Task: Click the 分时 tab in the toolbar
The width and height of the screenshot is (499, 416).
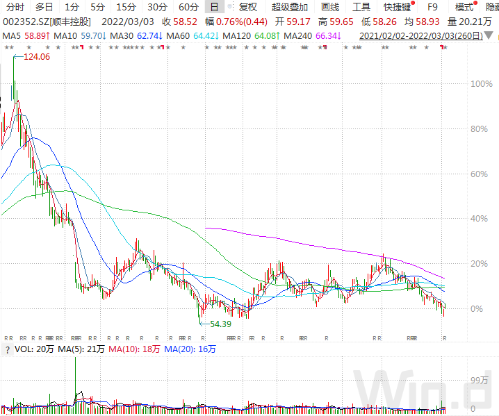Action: tap(14, 7)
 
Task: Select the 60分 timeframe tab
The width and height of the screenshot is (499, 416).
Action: tap(188, 7)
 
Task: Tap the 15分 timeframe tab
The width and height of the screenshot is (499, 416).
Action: tap(126, 7)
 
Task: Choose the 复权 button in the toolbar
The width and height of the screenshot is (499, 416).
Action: tap(247, 7)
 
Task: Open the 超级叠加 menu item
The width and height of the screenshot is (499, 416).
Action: tap(291, 7)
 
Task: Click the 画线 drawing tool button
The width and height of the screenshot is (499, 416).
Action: tap(330, 7)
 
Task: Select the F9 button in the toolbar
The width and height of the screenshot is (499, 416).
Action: tap(432, 7)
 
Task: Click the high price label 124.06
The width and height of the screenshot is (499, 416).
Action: tap(37, 58)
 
